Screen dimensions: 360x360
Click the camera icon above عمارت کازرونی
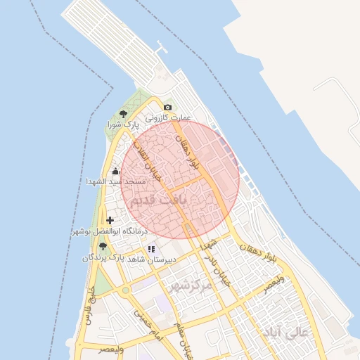[x=167, y=107]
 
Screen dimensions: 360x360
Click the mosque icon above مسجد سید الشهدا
[x=115, y=171]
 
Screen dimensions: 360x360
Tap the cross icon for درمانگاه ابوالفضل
[x=110, y=220]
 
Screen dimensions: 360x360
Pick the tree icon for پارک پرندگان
[x=103, y=246]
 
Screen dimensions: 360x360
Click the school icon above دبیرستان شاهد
[x=151, y=249]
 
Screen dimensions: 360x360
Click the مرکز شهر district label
[x=190, y=286]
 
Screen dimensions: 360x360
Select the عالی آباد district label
[x=284, y=330]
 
